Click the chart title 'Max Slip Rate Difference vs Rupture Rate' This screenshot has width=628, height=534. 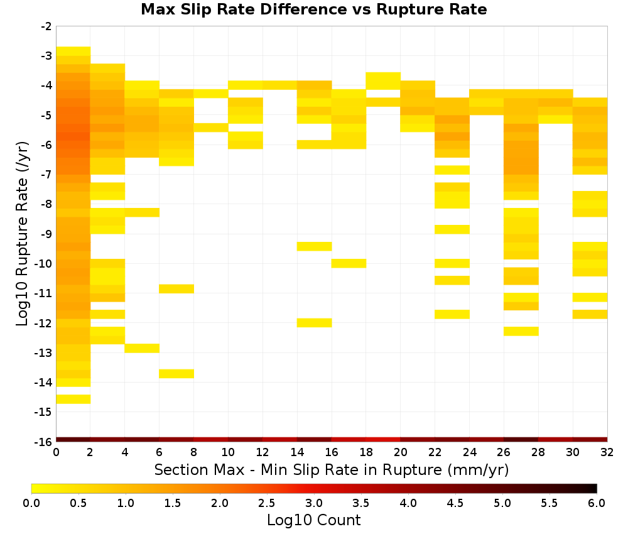coord(313,9)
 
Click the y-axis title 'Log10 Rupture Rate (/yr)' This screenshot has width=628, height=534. coord(23,234)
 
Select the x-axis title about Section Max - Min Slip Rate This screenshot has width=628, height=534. coord(331,469)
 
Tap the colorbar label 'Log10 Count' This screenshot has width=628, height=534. coord(313,520)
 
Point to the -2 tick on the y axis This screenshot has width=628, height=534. coord(46,26)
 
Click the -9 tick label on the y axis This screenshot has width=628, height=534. coord(46,234)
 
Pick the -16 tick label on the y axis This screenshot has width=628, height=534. coord(44,442)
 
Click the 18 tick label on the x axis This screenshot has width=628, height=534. coord(365,452)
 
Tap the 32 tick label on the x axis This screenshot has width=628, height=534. coord(607,452)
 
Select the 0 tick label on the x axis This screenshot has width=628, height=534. coord(56,452)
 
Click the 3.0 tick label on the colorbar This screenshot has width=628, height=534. coord(313,503)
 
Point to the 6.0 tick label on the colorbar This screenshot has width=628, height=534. coord(597,503)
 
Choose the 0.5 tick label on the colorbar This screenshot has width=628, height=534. coord(78,503)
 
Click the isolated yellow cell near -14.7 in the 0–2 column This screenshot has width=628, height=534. coord(73,399)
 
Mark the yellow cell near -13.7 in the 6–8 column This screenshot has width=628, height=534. coord(176,373)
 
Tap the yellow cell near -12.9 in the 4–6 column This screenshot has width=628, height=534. coord(142,348)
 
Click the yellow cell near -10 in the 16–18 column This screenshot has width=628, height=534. coord(349,263)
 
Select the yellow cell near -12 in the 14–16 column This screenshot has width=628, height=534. coord(315,322)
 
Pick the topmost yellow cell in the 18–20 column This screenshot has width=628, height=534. coord(383,81)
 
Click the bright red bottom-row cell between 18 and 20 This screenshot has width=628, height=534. coord(383,440)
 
